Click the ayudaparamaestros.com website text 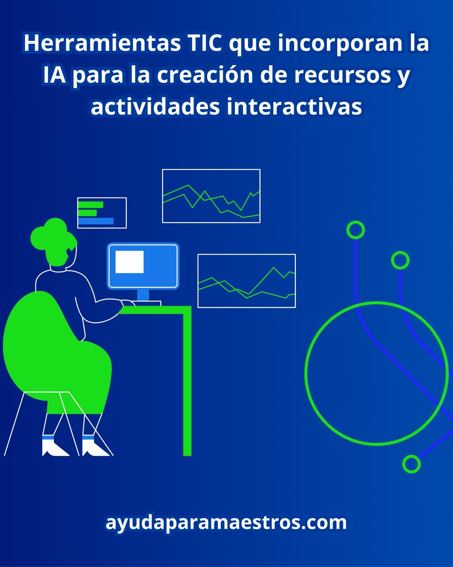[x=226, y=523]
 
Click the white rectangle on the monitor [x=130, y=262]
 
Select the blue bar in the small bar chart [x=96, y=221]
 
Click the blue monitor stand [x=143, y=296]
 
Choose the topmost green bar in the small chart [x=91, y=205]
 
